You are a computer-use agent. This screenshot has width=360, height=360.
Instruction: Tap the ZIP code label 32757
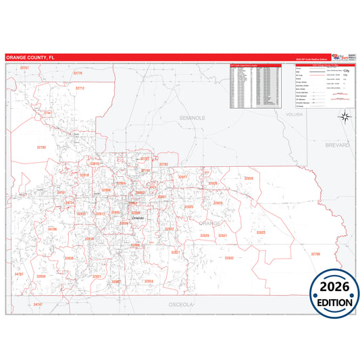click(24, 68)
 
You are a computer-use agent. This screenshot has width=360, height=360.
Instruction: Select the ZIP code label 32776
click(77, 73)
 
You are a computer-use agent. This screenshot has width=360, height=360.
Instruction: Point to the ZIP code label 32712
click(80, 88)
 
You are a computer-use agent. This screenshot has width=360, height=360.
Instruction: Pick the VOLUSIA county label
click(294, 115)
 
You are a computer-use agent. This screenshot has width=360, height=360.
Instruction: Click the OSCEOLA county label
click(181, 305)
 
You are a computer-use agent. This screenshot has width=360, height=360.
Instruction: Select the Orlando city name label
click(138, 219)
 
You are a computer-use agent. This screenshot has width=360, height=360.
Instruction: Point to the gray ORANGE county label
click(210, 222)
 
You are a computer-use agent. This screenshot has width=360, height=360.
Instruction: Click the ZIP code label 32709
click(315, 254)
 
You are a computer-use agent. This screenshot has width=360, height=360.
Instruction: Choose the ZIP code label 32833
click(260, 232)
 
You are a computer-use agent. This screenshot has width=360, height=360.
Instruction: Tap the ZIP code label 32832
click(229, 258)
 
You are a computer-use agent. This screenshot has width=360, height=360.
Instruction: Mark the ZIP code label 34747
click(37, 305)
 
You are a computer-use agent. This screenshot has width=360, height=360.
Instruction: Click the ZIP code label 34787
click(19, 274)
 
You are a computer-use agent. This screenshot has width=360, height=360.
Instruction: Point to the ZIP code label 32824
click(148, 281)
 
